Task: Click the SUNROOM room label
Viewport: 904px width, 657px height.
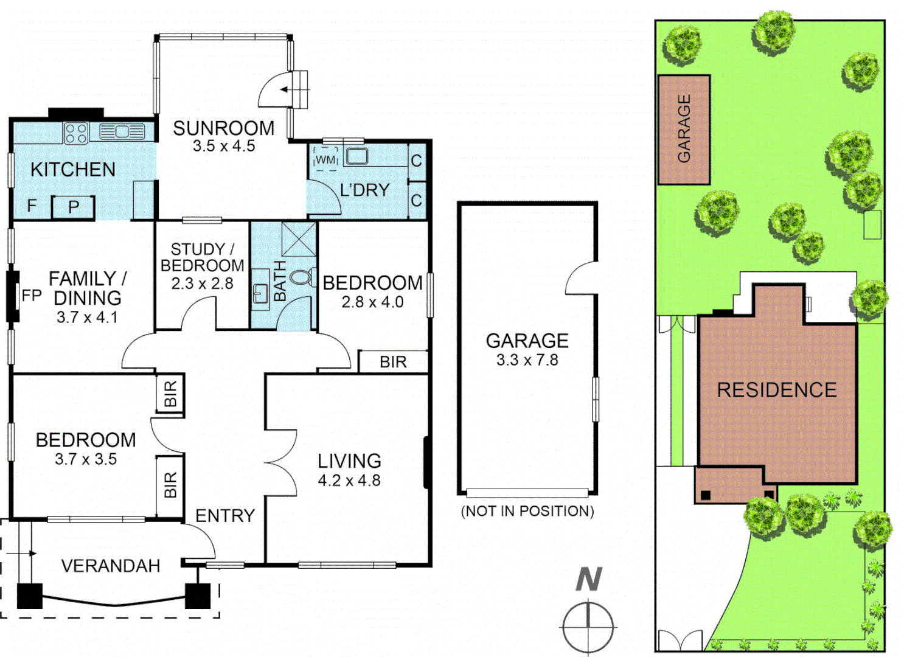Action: pos(223,128)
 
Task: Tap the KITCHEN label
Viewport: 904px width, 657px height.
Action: pos(73,169)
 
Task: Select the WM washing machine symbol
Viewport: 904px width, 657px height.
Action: pos(326,159)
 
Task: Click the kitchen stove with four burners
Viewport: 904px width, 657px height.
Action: pos(76,133)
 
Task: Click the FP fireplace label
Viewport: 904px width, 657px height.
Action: pos(32,296)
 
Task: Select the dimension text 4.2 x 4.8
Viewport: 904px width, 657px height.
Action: pos(349,481)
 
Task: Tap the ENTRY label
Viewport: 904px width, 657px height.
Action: pos(224,516)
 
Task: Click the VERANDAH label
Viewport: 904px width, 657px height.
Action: pos(111,566)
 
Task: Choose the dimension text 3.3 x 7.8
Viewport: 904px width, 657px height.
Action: pos(527,360)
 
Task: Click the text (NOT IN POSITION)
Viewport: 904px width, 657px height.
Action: pos(527,511)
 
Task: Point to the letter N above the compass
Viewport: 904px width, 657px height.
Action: pos(588,579)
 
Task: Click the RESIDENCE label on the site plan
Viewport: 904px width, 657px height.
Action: pos(776,390)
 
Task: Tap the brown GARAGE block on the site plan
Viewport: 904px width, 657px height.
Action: pos(684,130)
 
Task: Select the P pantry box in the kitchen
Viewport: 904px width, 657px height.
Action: pos(74,207)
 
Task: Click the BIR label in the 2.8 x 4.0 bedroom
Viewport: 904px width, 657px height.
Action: pos(393,362)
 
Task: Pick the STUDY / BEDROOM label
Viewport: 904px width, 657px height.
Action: pos(202,257)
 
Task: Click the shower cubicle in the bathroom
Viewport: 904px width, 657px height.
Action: pos(299,238)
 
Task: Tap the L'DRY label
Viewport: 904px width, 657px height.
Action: pos(364,190)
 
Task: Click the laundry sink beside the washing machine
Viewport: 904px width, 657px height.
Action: pos(356,156)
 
